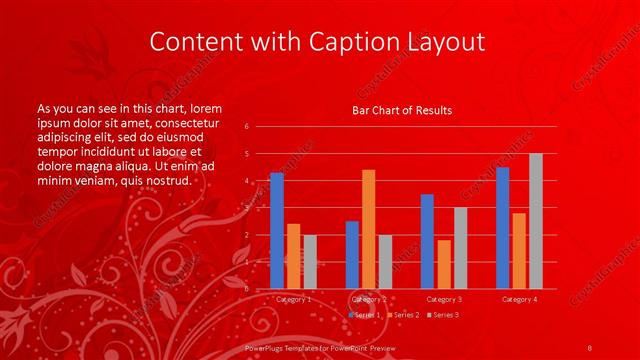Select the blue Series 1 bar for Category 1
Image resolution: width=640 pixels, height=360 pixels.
(277, 231)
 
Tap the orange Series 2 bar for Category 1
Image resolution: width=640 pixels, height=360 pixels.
(293, 256)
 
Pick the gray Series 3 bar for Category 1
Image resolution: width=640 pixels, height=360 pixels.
(309, 262)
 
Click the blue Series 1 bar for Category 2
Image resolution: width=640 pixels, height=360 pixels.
(352, 255)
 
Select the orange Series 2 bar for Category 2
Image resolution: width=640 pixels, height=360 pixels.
(368, 229)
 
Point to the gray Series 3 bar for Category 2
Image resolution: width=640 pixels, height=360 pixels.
(385, 262)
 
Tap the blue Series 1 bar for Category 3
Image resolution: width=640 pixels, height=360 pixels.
(427, 241)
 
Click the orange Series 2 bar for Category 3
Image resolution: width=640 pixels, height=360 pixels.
(444, 264)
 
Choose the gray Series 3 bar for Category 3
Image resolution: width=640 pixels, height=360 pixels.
(460, 248)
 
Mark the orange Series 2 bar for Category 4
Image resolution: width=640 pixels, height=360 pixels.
(519, 251)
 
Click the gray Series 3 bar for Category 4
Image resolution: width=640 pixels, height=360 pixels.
(535, 221)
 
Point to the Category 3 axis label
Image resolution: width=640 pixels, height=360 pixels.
(444, 299)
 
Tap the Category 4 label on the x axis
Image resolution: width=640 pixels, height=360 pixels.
(519, 299)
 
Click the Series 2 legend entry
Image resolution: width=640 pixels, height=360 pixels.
(403, 315)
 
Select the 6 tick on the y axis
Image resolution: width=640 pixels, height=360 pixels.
(246, 127)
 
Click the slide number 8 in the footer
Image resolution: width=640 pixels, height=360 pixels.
(590, 345)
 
